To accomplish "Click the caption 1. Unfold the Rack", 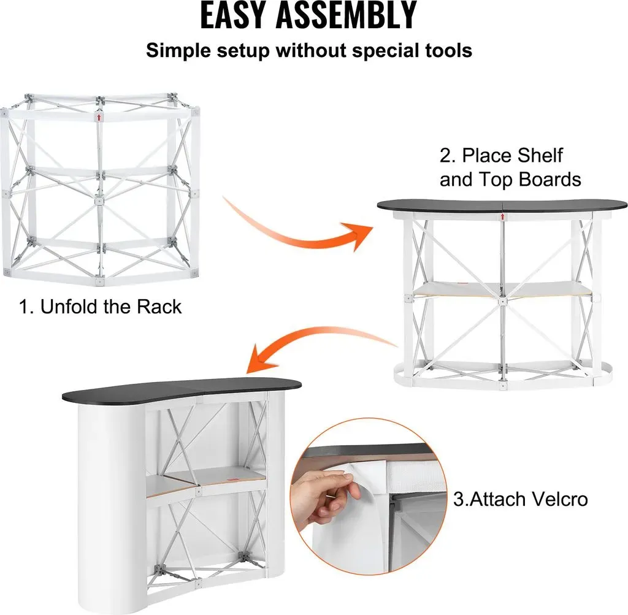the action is (x=100, y=307).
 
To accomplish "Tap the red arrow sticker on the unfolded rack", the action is (x=99, y=117).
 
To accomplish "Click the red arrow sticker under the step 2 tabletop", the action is (x=502, y=217).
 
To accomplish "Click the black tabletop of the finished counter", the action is (x=182, y=389).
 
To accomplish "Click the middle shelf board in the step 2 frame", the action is (x=502, y=289).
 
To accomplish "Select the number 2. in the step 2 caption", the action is (x=448, y=155).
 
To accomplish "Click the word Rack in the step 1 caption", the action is (x=159, y=307).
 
